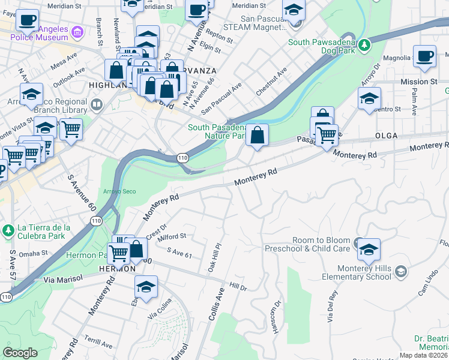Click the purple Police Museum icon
point(77,31)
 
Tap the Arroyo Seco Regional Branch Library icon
point(95,106)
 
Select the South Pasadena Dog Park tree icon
point(364,46)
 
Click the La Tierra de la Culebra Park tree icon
point(8,230)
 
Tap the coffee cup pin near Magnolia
point(425,57)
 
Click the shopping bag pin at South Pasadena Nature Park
point(257,136)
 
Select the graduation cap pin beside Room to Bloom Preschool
point(369,247)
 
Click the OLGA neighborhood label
point(387,136)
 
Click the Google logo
point(20,353)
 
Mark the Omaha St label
point(33,254)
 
